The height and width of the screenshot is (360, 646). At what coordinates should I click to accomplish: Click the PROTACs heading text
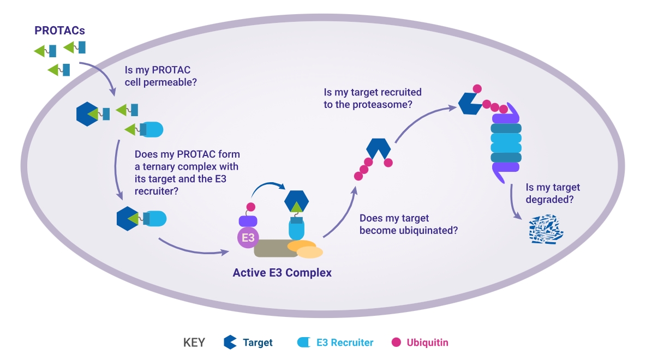click(x=59, y=31)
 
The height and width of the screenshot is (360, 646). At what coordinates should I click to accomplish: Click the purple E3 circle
click(x=248, y=237)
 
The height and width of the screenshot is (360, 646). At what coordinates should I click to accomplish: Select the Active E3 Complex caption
click(x=282, y=273)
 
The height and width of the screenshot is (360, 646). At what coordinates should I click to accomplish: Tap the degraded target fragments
click(x=546, y=230)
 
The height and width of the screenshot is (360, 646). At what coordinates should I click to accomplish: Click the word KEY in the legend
click(x=194, y=343)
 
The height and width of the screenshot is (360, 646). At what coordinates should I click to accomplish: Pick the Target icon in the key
click(x=230, y=343)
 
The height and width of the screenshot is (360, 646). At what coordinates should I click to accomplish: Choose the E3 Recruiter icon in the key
click(x=304, y=343)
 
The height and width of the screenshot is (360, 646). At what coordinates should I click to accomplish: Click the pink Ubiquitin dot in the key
click(x=396, y=343)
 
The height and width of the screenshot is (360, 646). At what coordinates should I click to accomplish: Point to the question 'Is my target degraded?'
click(x=553, y=193)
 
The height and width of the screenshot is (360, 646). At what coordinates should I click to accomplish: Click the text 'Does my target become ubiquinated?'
click(x=408, y=224)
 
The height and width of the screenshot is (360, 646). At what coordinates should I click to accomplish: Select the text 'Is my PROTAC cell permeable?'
click(x=160, y=76)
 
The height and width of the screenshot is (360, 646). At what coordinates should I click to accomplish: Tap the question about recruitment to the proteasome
click(x=373, y=98)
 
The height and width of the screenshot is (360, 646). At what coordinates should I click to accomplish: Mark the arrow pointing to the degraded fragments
click(x=512, y=204)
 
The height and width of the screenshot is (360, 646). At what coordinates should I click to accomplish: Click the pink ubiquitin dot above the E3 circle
click(x=250, y=207)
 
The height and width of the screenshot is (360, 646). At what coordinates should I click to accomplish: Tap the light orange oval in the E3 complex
click(x=310, y=252)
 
